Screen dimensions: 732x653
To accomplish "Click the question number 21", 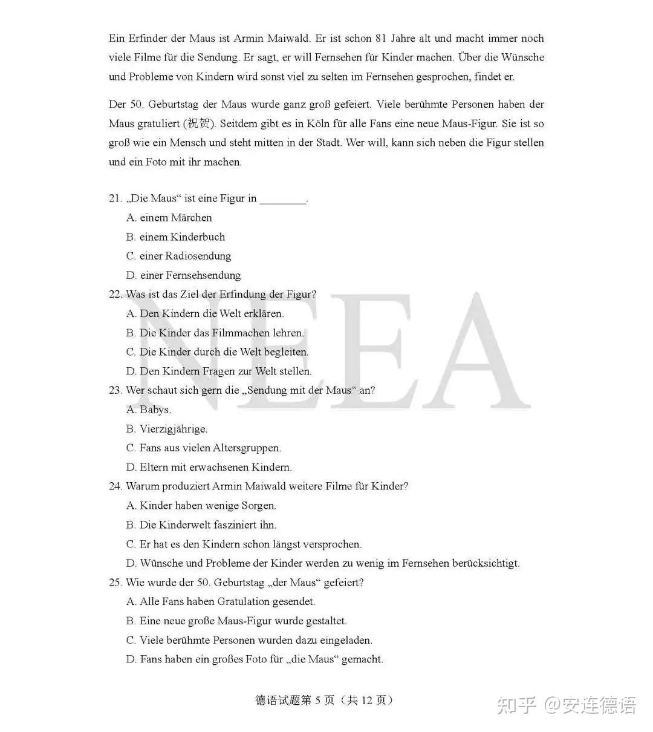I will coord(115,198).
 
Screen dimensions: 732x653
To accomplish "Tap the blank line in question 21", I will coord(282,200).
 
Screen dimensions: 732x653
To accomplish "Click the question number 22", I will coord(115,295).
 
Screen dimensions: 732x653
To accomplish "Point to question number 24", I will coord(115,486).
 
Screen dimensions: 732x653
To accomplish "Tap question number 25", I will coord(115,583).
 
